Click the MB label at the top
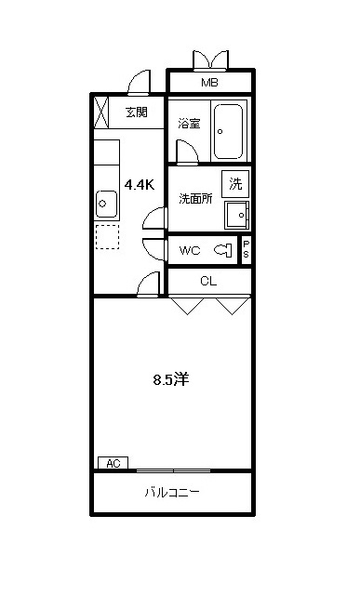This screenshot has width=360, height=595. [x=209, y=83]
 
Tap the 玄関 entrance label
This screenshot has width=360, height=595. [x=137, y=112]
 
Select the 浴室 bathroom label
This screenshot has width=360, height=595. [x=189, y=124]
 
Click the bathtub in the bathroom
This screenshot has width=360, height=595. [x=228, y=131]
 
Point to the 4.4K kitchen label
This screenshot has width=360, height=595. [x=140, y=185]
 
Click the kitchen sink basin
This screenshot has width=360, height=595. [x=107, y=204]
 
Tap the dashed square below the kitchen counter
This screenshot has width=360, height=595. [x=107, y=237]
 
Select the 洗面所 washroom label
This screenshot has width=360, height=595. [x=195, y=198]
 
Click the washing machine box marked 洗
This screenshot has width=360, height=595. [x=235, y=184]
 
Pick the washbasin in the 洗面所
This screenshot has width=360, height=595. [x=236, y=215]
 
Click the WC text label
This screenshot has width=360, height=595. [x=190, y=250]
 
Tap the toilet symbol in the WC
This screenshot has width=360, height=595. [x=223, y=250]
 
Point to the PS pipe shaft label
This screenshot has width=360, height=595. [x=247, y=250]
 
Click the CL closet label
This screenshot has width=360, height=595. [x=208, y=281]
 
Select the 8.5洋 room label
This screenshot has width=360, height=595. [x=171, y=379]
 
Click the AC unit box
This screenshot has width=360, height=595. [x=113, y=463]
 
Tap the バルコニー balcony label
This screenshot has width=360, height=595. [x=172, y=493]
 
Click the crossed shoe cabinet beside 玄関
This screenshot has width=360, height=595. [x=101, y=112]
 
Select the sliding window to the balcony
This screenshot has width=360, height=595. [x=173, y=471]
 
